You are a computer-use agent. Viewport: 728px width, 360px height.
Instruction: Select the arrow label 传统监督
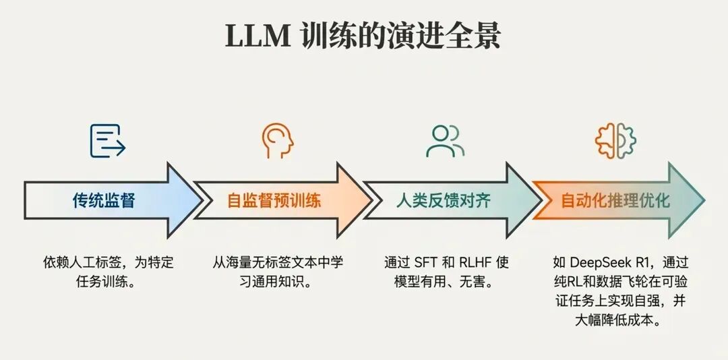point(104,200)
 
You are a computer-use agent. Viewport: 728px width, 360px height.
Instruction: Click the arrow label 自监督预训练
point(274,200)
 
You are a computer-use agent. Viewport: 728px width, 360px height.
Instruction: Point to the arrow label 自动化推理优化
point(615,200)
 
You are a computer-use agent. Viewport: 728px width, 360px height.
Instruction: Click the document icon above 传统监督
point(108,141)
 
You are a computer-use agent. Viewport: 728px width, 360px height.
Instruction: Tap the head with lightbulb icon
point(277,141)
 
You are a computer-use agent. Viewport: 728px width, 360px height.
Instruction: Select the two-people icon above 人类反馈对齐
point(445,141)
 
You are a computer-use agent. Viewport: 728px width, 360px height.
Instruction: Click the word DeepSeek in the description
point(597,263)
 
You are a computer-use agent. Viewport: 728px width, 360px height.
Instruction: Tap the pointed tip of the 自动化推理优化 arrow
point(703,200)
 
